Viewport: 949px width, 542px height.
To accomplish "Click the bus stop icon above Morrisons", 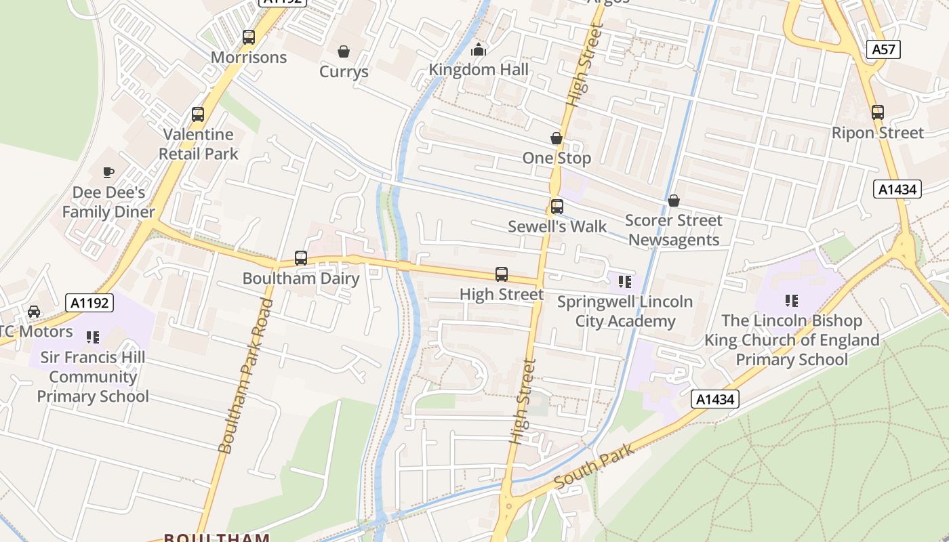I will [x=249, y=37].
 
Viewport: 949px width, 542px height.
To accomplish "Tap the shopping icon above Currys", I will [x=344, y=51].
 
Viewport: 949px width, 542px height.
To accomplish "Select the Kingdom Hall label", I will [x=479, y=69].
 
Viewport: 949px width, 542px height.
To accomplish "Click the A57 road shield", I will [x=883, y=49].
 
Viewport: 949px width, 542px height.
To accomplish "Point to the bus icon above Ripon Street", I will [x=878, y=112].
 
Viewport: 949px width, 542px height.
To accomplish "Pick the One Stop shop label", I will [x=557, y=158].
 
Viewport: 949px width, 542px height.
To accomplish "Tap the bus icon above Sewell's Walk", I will [x=557, y=207].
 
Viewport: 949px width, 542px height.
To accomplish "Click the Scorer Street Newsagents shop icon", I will [x=674, y=201].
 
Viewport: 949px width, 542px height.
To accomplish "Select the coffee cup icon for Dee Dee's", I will [x=108, y=172].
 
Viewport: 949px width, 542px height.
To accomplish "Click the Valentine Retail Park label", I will [x=199, y=144].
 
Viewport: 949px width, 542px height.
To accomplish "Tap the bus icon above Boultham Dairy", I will [x=301, y=258].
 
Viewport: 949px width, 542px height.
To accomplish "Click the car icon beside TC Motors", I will [x=33, y=312].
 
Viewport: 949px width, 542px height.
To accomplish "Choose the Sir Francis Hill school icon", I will [x=93, y=337].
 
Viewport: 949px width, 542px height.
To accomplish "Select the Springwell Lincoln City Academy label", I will [x=625, y=311].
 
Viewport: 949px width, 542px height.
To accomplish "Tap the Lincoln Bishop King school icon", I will [x=791, y=300].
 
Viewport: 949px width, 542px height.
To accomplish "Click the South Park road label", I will [x=594, y=465].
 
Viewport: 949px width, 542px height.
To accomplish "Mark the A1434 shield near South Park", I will [x=715, y=400].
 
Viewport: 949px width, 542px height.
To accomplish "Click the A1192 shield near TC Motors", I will [x=89, y=303].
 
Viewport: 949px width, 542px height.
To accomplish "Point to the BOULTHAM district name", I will [x=217, y=538].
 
